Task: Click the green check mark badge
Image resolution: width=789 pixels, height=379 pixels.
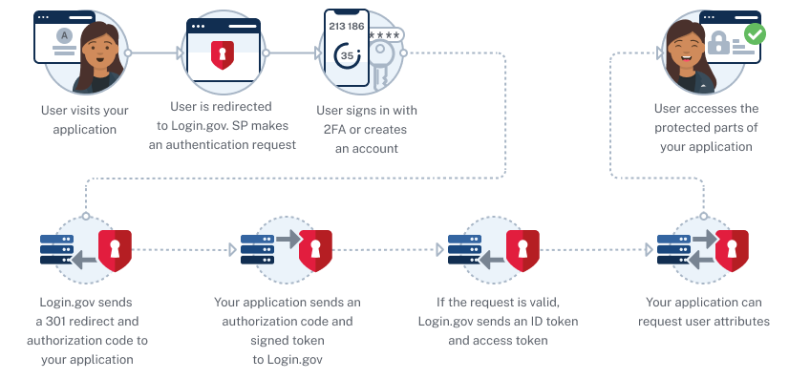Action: (755, 34)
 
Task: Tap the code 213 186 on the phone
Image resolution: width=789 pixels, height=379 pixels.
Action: (346, 26)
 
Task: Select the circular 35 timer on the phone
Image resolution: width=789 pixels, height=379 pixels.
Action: (345, 56)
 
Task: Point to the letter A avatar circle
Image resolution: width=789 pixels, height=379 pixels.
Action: (64, 34)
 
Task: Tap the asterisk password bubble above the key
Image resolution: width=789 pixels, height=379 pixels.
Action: (384, 35)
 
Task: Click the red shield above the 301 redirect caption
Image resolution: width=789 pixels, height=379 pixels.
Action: (115, 251)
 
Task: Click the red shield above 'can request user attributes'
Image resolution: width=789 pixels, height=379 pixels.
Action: (732, 251)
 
